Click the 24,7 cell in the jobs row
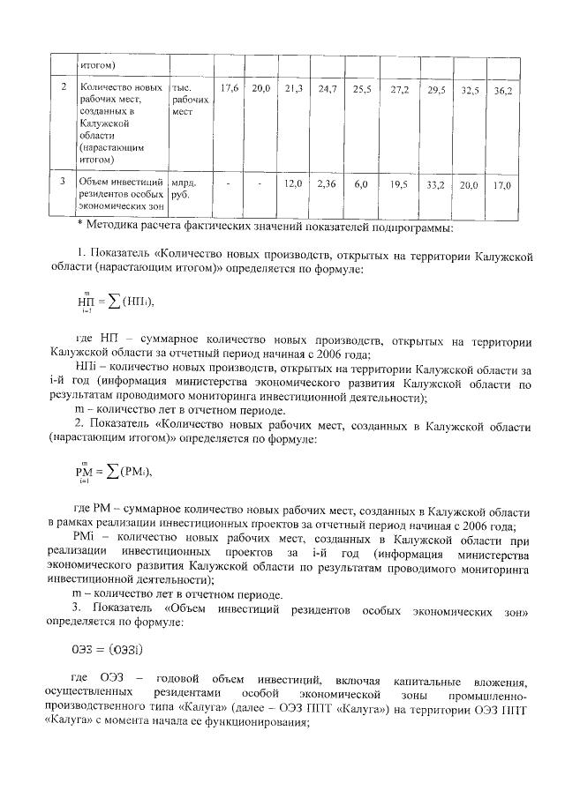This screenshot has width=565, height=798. point(328,90)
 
